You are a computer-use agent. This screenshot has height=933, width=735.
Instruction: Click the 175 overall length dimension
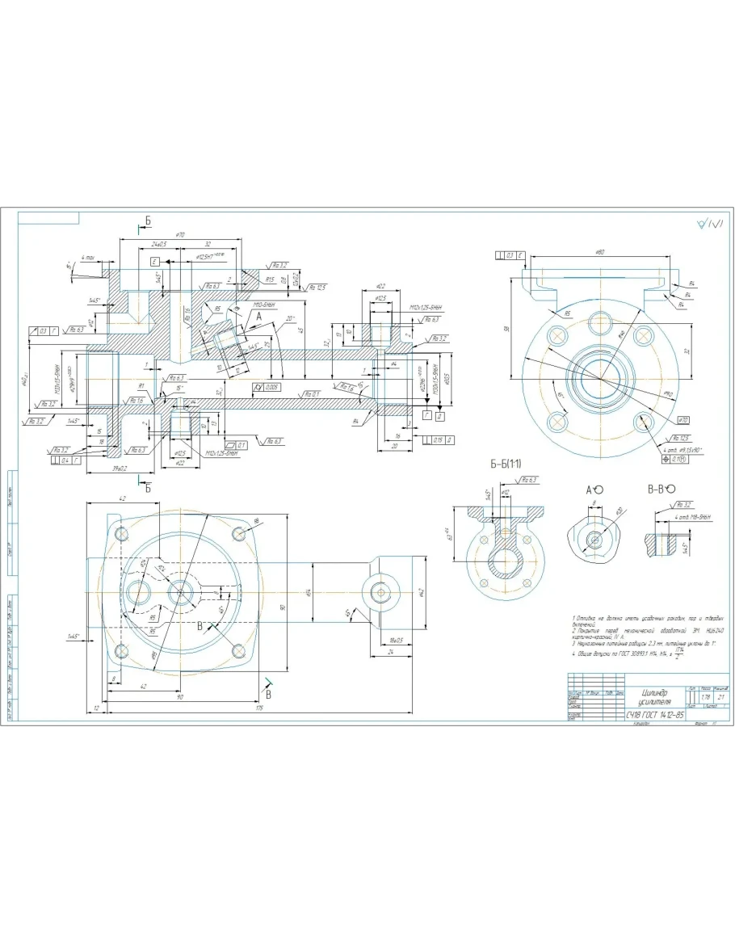click(x=261, y=708)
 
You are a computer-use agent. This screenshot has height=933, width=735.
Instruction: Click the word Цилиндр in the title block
click(x=655, y=692)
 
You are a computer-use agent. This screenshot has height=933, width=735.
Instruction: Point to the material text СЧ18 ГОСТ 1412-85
click(x=655, y=715)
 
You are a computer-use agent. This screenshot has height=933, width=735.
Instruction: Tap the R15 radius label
click(x=271, y=279)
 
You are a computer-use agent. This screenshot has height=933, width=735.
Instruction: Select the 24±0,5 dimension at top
click(x=158, y=243)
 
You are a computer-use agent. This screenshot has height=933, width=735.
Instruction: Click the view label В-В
click(x=655, y=489)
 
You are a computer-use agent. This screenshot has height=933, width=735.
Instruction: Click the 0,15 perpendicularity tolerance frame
click(x=434, y=439)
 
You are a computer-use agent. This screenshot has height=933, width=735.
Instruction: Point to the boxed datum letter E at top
click(x=153, y=262)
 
